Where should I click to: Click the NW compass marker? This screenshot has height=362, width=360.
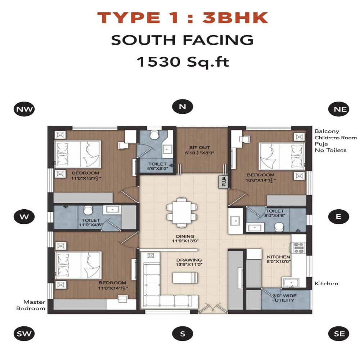coord(24,109)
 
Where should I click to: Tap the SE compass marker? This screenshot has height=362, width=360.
coord(339,334)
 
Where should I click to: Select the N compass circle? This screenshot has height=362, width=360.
coord(183,107)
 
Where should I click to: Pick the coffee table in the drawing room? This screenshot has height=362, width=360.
coord(185,278)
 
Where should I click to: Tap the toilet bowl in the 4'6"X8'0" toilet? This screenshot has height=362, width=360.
coord(154,135)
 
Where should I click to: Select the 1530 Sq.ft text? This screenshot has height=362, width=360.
coord(182,62)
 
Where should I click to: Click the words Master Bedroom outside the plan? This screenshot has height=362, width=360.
coord(34,305)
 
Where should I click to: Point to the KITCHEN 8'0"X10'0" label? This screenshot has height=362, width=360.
coord(278,259)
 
